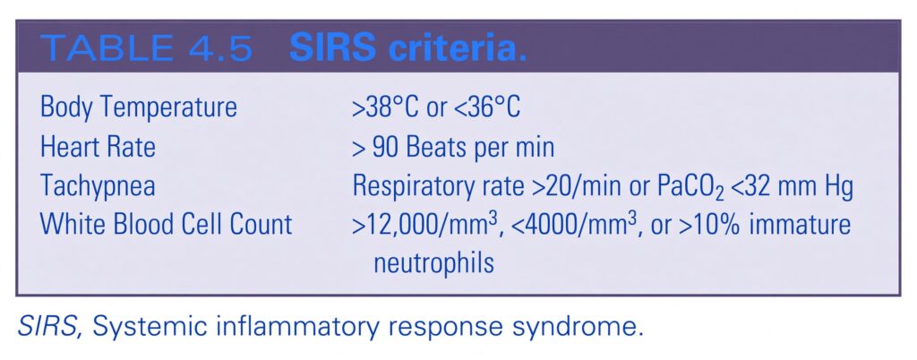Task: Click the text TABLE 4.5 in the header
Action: pos(146,49)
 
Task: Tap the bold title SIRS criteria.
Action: pos(408,49)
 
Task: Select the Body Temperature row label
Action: pos(139,108)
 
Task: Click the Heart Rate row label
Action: pos(98,147)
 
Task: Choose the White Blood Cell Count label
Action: pos(166,225)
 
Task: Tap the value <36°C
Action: pos(484,108)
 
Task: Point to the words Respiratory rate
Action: pos(438,187)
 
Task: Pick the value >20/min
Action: pos(578,186)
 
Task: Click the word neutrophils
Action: pos(433,264)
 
